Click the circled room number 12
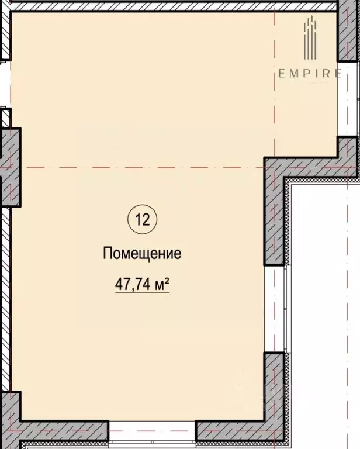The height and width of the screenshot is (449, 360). (x=142, y=220)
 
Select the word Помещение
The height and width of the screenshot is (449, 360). (x=142, y=254)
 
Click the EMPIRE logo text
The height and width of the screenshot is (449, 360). (x=310, y=74)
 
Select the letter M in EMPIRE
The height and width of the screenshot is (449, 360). (x=292, y=74)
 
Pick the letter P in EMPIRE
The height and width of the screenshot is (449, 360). (x=304, y=74)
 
